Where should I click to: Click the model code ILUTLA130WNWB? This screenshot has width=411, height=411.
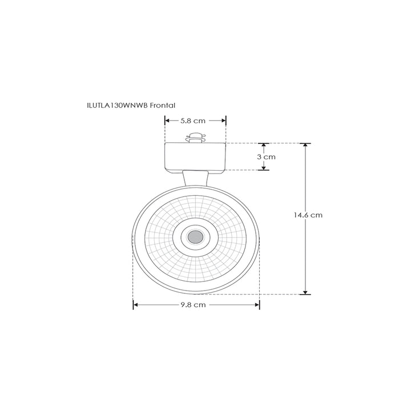coord(119,106)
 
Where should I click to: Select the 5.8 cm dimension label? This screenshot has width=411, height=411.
coord(192,120)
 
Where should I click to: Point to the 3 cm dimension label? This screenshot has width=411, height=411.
coord(267,156)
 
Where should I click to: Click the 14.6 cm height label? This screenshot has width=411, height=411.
coord(308,215)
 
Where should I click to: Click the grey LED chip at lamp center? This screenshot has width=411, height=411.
coord(196,236)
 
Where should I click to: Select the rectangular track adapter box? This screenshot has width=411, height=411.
coord(196,156)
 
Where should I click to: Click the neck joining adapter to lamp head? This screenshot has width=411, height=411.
coord(195,178)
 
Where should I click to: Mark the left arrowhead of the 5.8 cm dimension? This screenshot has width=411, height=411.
coord(167,120)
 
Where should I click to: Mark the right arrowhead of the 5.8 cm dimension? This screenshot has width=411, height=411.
coord(224,120)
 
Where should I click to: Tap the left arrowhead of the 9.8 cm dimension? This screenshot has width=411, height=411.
coord(136,305)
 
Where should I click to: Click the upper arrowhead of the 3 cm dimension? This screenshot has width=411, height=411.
coord(264,146)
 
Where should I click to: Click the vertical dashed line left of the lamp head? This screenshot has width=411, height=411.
coord(133,268)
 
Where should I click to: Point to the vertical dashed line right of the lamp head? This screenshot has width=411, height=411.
coord(260,268)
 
